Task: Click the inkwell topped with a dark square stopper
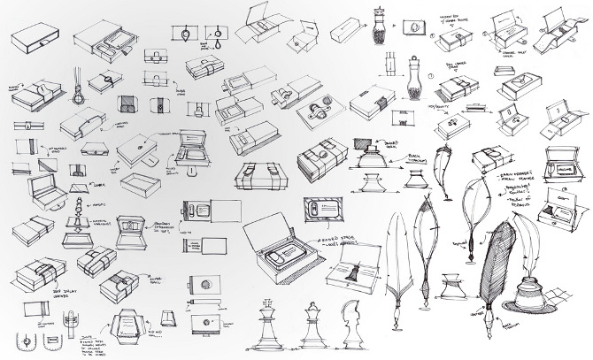tap(370, 161)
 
